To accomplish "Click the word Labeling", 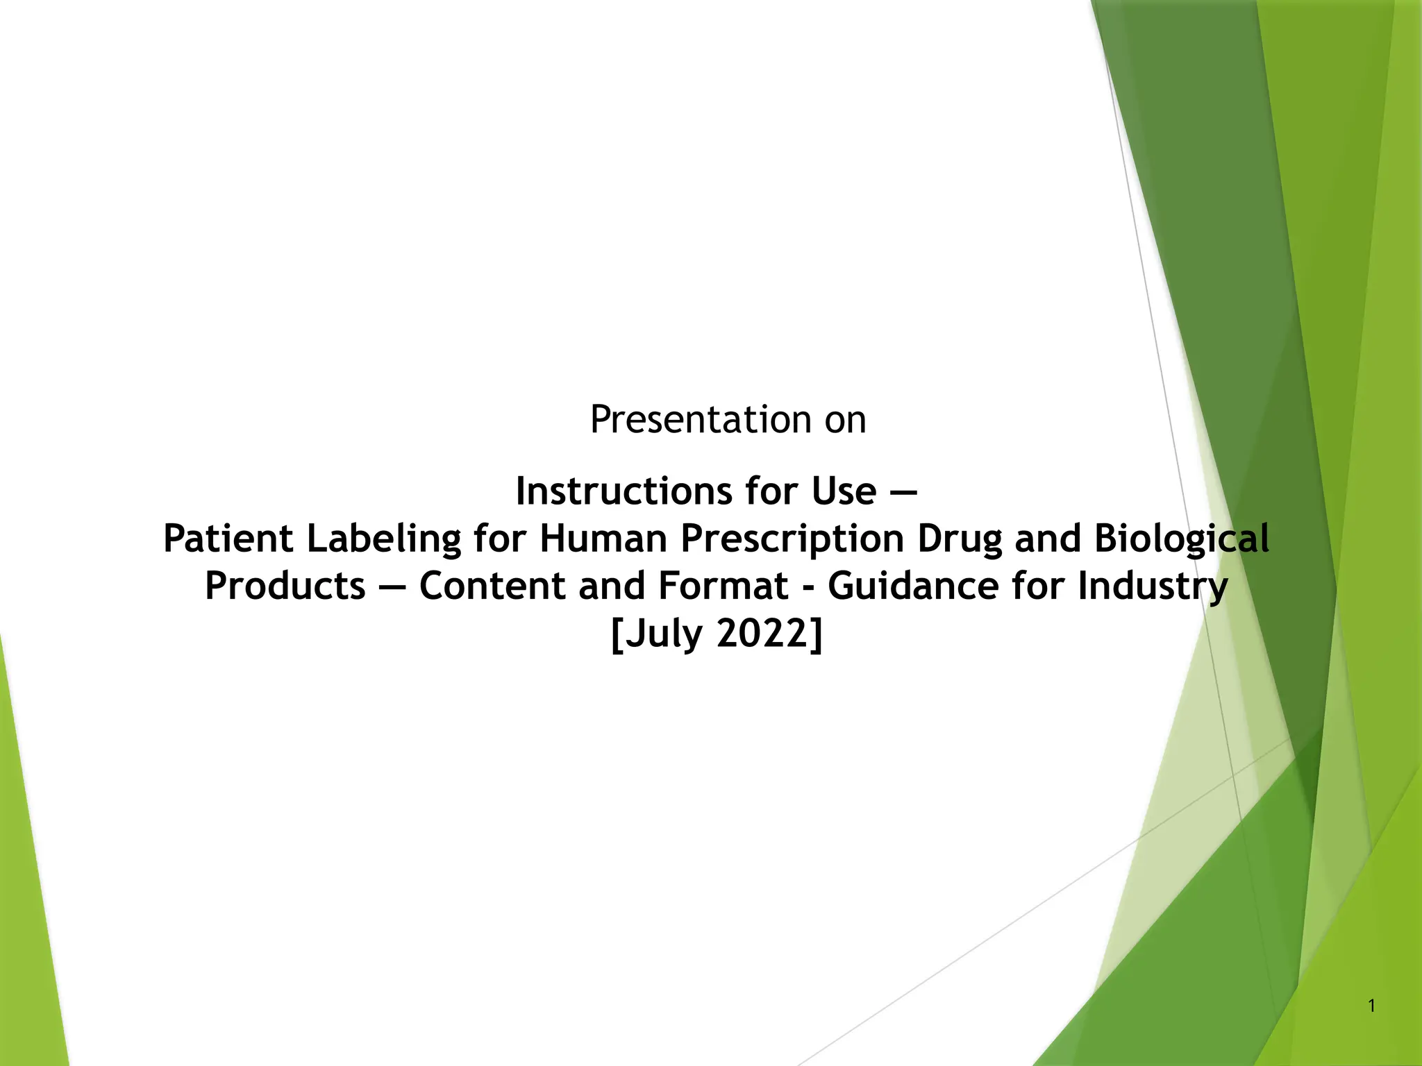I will [384, 540].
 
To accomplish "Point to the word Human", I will [603, 539].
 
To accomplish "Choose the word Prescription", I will [792, 539].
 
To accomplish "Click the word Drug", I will [960, 539].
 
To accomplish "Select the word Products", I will [285, 586].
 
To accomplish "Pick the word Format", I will [722, 586].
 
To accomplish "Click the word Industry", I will [1153, 586].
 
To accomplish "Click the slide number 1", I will [1371, 1006].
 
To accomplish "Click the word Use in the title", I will [843, 492].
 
